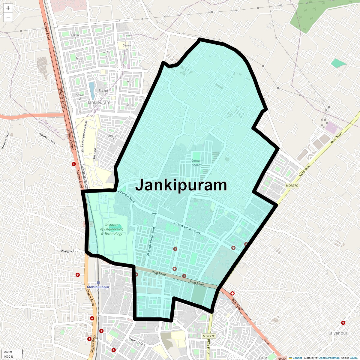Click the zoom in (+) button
coord(8,8)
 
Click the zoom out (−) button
coord(8,17)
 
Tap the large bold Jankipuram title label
coord(181,185)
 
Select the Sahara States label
coord(197,163)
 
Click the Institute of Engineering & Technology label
coord(112,229)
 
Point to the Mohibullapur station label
coord(98,287)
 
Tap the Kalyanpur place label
coord(337,333)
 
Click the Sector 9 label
coord(75,36)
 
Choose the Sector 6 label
coord(127,47)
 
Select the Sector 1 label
coord(113,137)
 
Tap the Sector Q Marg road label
coord(137,342)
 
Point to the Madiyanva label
coord(67,251)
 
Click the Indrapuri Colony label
coord(47,138)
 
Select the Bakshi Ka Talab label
coord(50,126)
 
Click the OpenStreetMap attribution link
coord(329,358)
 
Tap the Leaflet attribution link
coord(297,358)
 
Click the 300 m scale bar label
coord(8,352)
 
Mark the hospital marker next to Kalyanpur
coord(343,323)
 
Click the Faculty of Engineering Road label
coord(84,136)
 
